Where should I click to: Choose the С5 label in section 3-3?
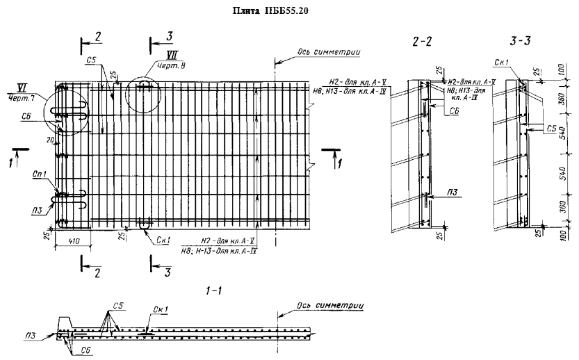coord(551,128)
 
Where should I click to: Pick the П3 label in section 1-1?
coord(47,335)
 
